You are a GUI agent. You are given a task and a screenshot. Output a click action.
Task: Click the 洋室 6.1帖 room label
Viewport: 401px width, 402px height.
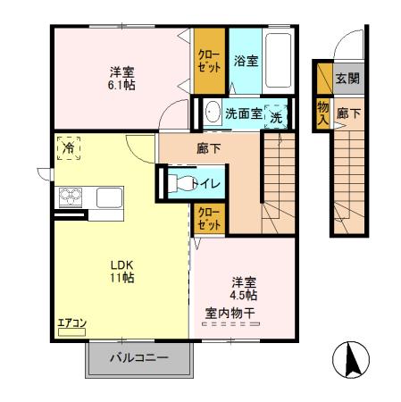[121, 78]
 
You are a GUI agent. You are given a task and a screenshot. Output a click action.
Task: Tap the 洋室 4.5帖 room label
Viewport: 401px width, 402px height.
[243, 287]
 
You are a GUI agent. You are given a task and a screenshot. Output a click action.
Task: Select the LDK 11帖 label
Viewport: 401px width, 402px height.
[121, 271]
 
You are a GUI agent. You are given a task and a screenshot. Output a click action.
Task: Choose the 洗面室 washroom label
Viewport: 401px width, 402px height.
[242, 114]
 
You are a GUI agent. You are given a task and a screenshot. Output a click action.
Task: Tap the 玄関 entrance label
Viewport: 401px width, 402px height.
[347, 79]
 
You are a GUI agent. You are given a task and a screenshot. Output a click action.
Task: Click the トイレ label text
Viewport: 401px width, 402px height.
[214, 182]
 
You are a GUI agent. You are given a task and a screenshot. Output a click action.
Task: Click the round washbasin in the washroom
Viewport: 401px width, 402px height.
[213, 113]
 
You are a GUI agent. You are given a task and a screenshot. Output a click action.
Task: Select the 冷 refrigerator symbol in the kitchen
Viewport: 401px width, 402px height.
[68, 149]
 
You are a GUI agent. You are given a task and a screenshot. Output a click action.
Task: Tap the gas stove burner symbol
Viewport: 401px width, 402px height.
[70, 197]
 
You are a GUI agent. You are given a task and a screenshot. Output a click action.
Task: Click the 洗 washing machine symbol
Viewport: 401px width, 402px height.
[277, 115]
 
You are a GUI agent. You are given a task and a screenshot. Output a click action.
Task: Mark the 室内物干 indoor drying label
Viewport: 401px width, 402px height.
[230, 312]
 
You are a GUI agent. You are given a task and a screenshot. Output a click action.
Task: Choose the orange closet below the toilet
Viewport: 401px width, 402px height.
[209, 219]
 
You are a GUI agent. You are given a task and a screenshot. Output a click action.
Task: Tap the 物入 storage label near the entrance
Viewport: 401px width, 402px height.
[322, 113]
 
